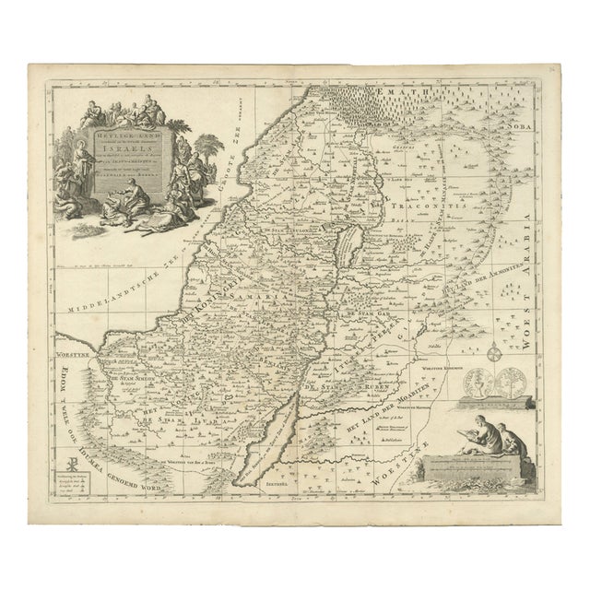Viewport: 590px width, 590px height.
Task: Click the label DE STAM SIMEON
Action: pos(118,379)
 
